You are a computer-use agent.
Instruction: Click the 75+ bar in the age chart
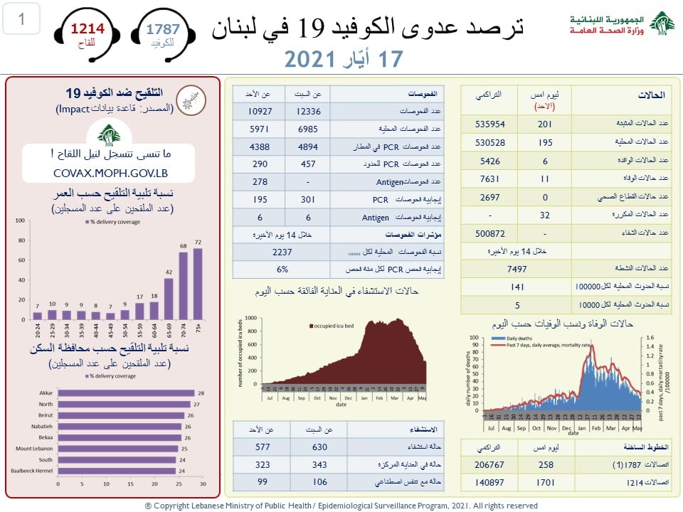point(198,284)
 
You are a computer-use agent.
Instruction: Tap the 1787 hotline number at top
point(163,29)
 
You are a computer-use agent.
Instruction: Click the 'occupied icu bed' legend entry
point(332,326)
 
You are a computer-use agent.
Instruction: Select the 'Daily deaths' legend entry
point(519,337)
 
